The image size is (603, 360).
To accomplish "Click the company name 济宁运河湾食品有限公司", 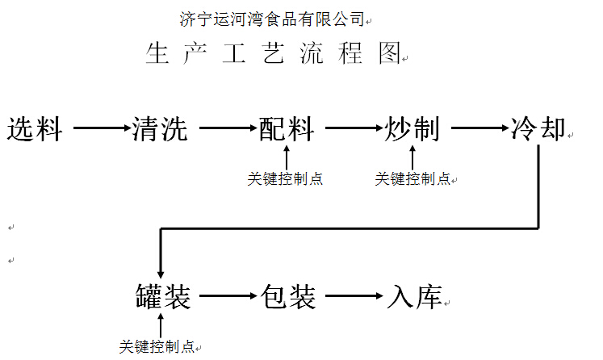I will coord(272,18).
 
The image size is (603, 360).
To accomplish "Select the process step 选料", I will coord(35,128).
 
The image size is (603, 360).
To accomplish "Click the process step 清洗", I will coord(160,128).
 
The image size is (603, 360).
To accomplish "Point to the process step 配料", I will coord(287,128).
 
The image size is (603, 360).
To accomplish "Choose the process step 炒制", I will coord(412,128).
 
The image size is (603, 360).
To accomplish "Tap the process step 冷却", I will coord(538,128).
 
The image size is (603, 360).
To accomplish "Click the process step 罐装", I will coord(162,296).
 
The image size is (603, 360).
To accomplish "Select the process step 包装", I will coord(287,296).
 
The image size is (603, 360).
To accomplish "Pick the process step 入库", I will coord(414,296).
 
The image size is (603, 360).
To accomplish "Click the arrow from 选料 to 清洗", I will coord(101,128).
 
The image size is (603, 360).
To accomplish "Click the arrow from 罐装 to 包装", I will coord(228,296).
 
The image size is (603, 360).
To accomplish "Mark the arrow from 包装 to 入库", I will coord(354,296).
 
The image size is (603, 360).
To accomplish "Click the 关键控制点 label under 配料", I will coord(285,179).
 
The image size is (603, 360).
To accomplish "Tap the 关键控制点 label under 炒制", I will coord(412,179).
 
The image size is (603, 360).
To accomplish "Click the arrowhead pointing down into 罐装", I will coord(161,272).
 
